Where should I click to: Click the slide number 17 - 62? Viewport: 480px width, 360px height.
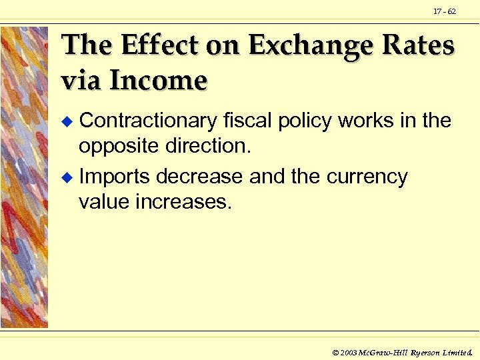445,11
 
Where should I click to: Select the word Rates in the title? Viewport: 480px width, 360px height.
417,45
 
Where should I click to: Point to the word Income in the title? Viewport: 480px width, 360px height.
158,80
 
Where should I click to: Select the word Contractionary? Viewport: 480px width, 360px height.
147,121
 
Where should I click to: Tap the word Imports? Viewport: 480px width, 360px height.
114,177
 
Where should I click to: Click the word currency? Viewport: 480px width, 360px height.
367,178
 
